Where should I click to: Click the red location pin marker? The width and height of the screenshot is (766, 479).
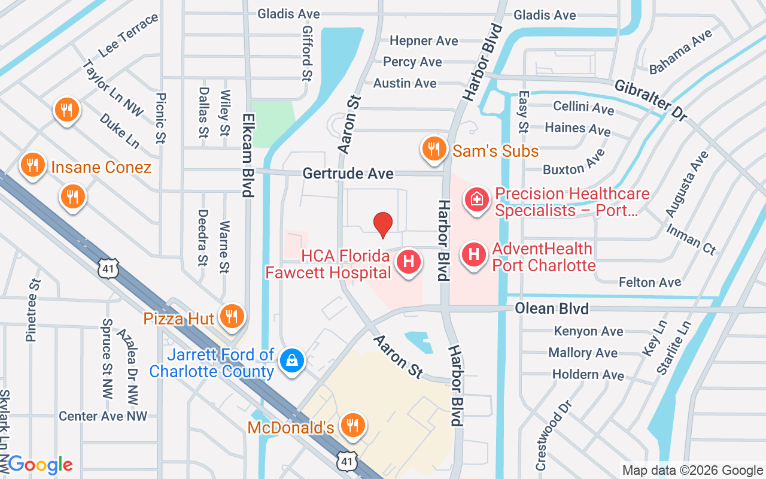[x=383, y=225]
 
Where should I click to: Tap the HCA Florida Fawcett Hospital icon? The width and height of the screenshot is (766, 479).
[x=409, y=262]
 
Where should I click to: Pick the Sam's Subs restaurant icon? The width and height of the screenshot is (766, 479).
[x=433, y=149]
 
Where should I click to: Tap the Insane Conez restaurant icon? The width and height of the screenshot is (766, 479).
[x=34, y=165]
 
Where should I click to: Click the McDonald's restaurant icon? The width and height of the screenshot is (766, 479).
[x=352, y=426]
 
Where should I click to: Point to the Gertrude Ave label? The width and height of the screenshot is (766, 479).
[x=348, y=174]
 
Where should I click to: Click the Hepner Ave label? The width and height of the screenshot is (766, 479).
[x=424, y=41]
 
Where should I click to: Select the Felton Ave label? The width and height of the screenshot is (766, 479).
[x=650, y=282]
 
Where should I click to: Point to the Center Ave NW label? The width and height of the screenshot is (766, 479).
[x=103, y=416]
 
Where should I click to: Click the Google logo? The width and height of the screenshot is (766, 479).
[x=40, y=465]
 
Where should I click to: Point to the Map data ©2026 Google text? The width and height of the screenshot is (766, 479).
[x=692, y=471]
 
